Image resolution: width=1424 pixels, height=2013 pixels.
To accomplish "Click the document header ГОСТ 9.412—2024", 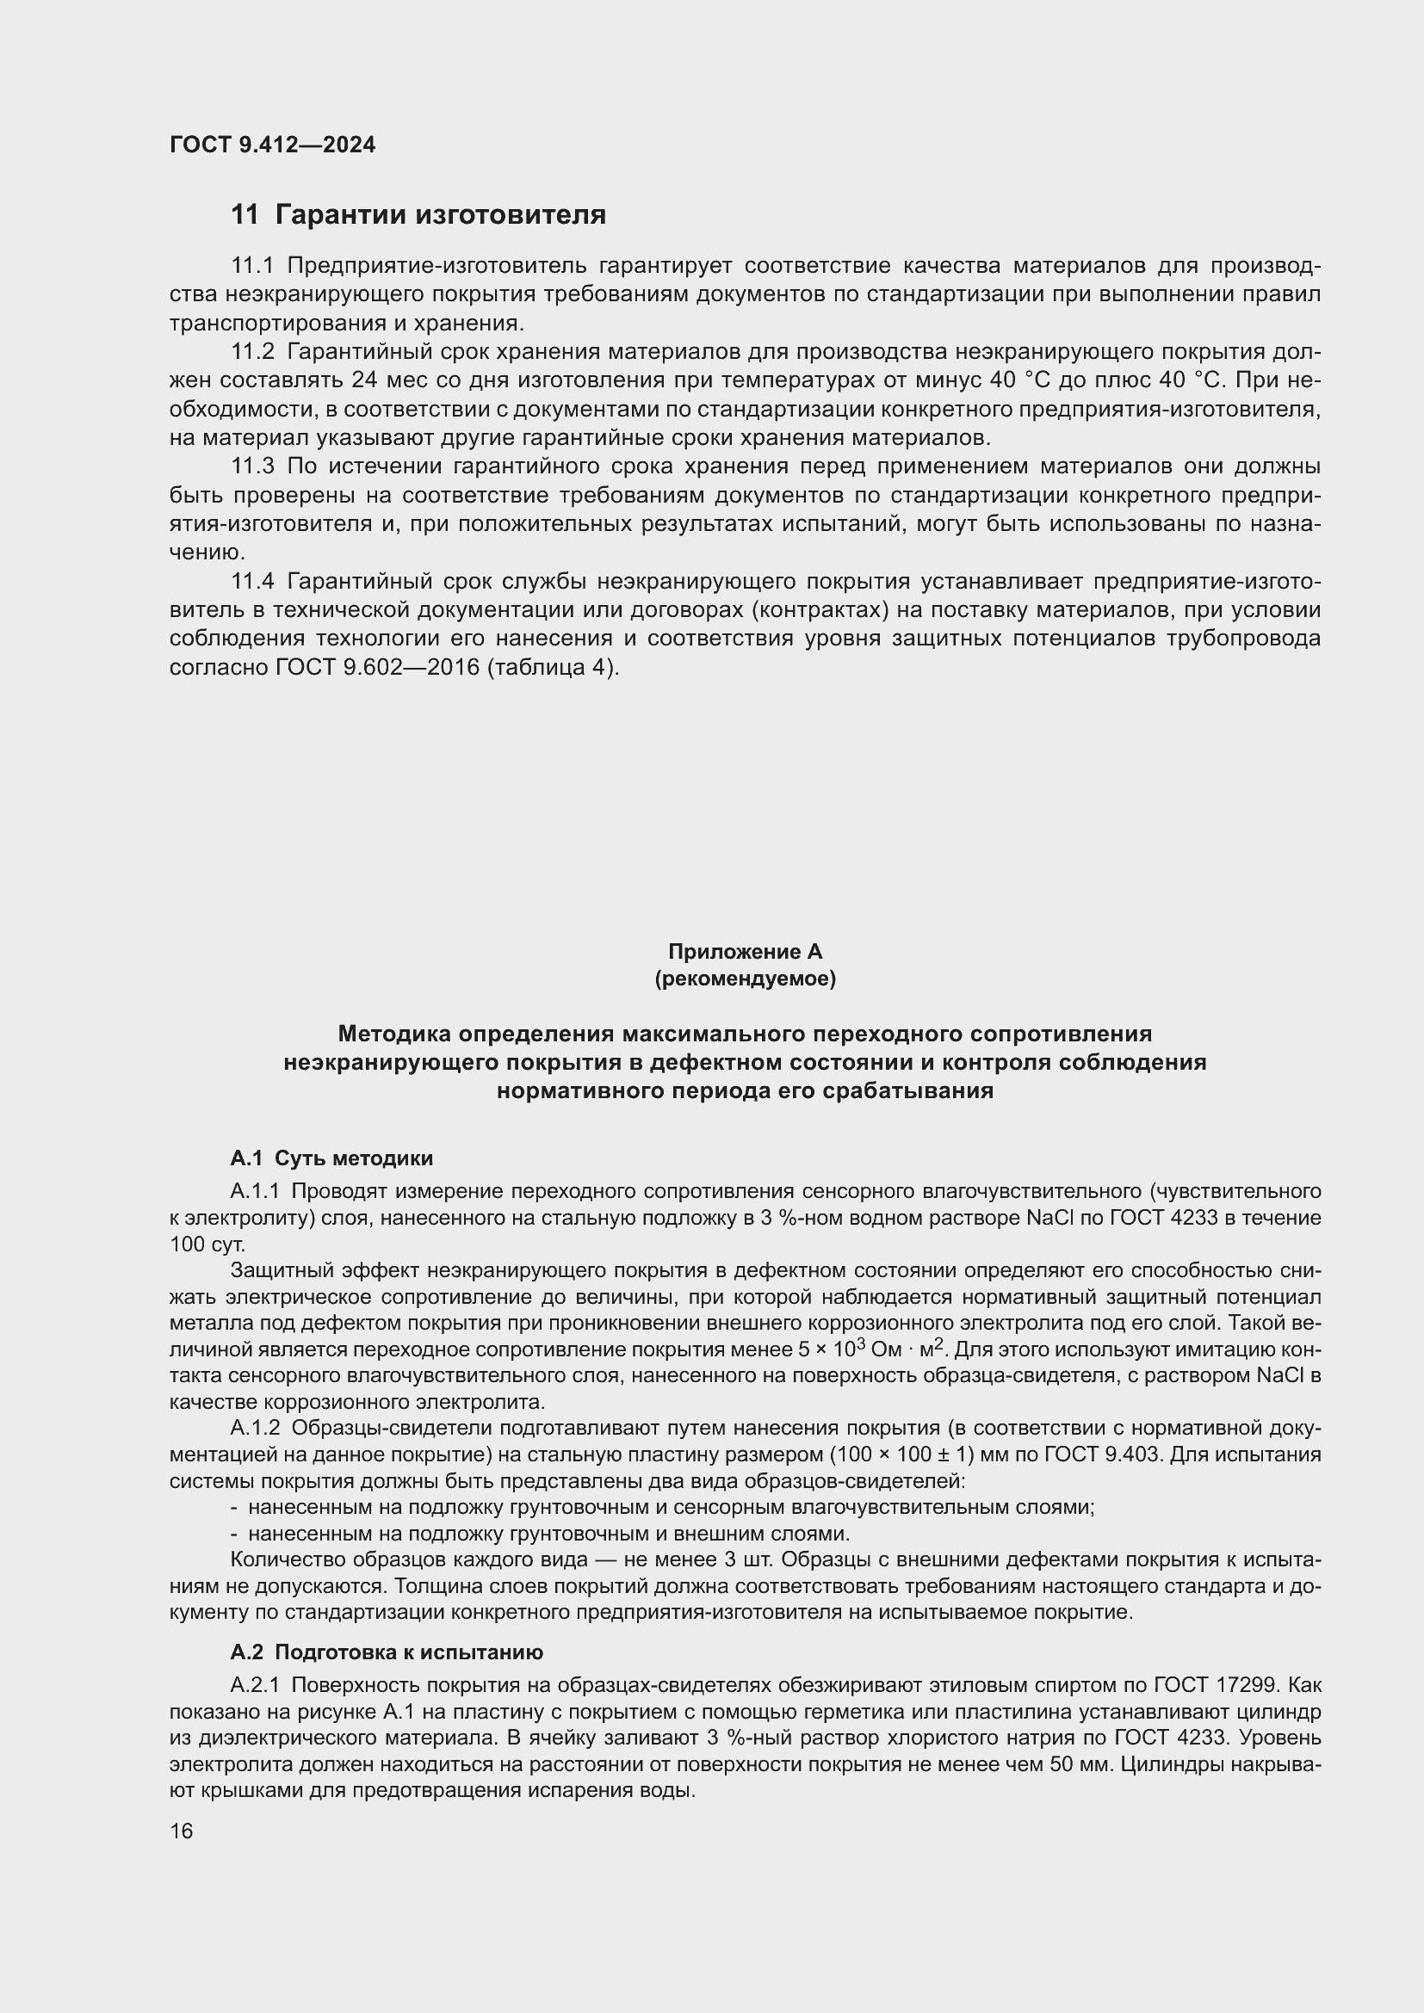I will click(272, 145).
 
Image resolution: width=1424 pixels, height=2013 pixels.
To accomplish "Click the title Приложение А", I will click(745, 951).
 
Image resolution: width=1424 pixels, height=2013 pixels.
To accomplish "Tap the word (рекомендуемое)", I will click(745, 979).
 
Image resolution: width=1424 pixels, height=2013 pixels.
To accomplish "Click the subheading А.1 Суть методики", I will click(331, 1158).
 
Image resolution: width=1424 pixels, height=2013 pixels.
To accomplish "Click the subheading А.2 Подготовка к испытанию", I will click(387, 1652).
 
